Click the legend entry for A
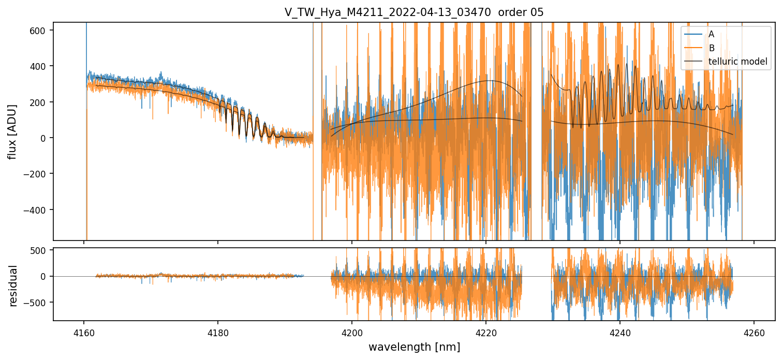coord(711,34)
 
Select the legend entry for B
coord(711,48)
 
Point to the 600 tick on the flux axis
coord(42,31)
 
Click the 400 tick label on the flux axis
coord(42,66)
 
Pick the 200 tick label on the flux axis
coord(42,102)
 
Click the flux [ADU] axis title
coord(12,131)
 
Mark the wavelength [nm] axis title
coord(413,347)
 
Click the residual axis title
coord(13,286)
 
